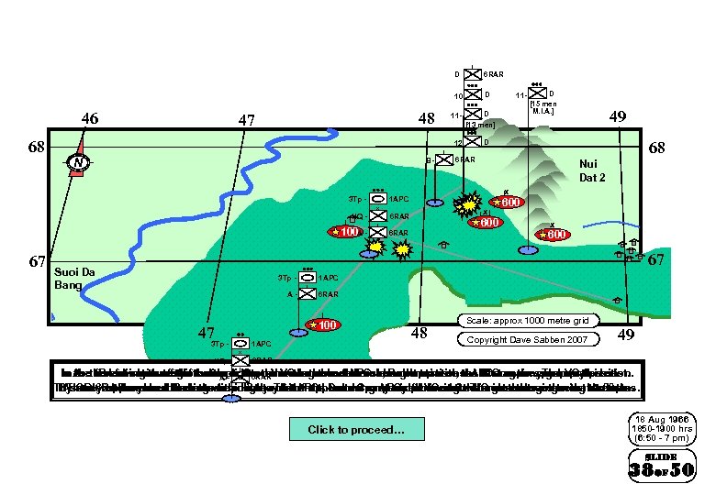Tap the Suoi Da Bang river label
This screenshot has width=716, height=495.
(74, 278)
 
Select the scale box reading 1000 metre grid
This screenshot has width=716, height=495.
(528, 321)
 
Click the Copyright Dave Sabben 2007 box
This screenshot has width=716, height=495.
(528, 340)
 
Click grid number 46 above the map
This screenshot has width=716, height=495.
(90, 118)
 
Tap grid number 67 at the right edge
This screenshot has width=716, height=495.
(656, 260)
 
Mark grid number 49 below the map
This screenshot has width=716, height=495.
(626, 335)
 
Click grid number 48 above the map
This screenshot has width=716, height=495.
(426, 119)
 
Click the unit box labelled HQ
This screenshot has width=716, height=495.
(376, 216)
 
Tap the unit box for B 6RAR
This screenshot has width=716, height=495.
(443, 159)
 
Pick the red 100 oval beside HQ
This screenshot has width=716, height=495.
(345, 232)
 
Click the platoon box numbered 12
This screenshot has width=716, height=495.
(472, 143)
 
